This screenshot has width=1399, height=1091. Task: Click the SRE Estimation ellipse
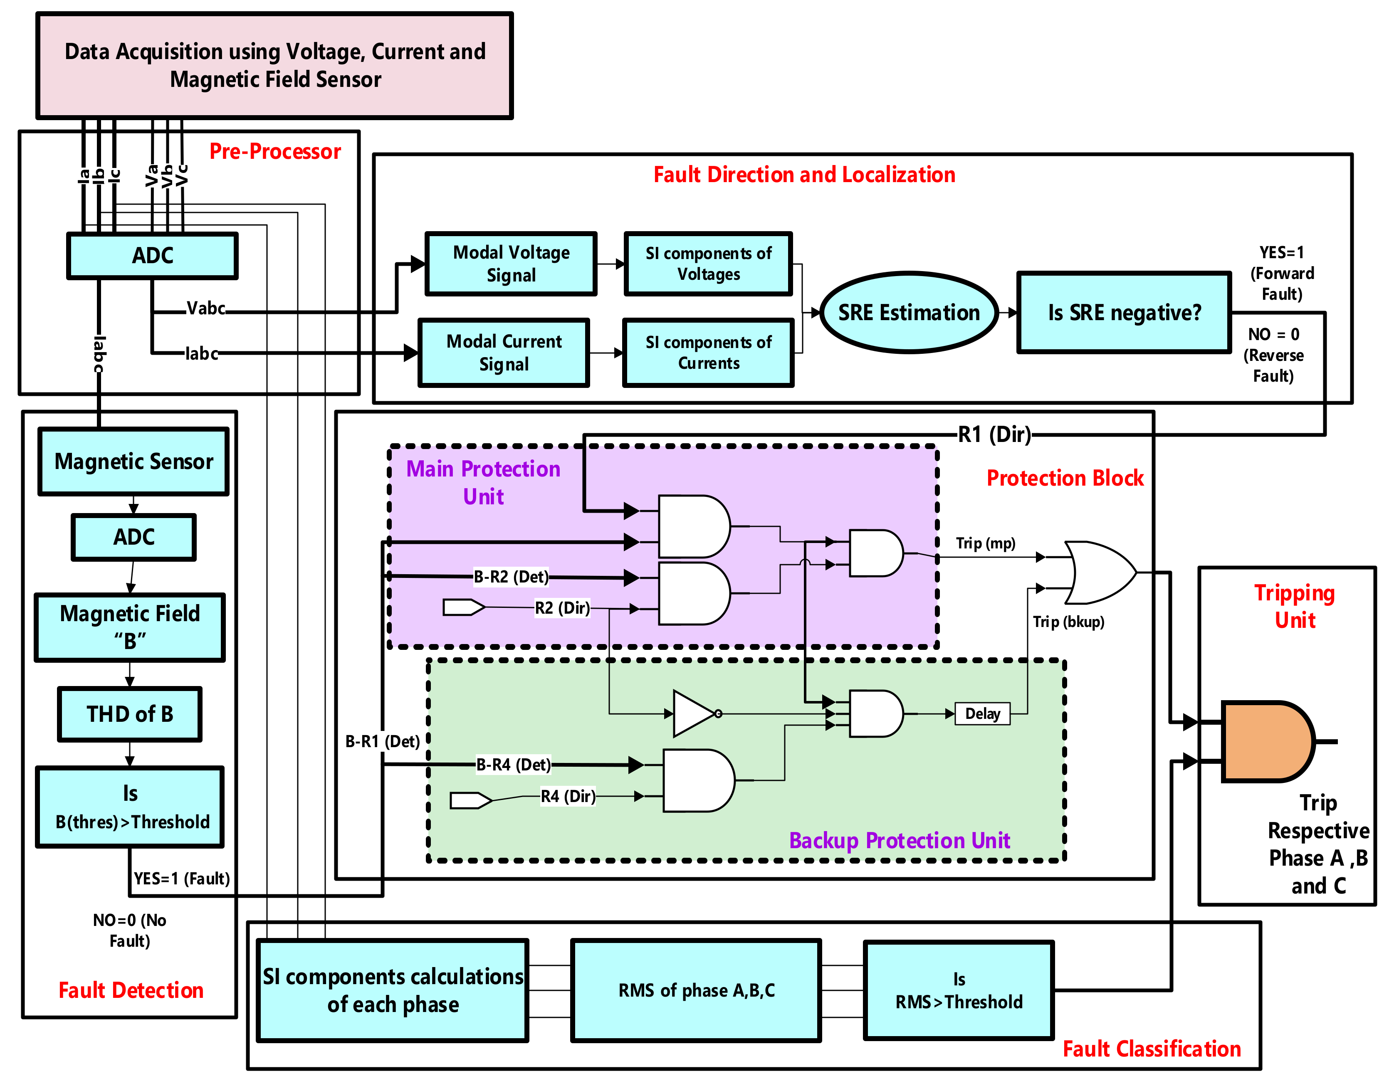[x=909, y=312]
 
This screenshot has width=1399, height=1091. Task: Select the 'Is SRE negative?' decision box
[x=1124, y=312]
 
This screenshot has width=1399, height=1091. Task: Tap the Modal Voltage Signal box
[x=511, y=264]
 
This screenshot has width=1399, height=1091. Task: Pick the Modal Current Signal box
[x=504, y=353]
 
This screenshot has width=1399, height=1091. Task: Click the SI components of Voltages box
[x=709, y=264]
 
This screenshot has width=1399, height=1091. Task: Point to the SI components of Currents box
[x=709, y=353]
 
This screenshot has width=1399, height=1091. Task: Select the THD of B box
[x=130, y=714]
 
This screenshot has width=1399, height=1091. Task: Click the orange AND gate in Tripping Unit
[x=1267, y=741]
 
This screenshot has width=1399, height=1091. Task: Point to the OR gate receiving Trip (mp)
[x=1100, y=573]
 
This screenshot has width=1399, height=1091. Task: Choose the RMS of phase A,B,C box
[x=696, y=990]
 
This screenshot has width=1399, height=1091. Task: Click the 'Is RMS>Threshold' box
[x=959, y=990]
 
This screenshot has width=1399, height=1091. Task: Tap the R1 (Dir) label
[x=994, y=435]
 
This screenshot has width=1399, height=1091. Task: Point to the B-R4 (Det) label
[x=513, y=765]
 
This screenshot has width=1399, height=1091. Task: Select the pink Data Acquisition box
[x=275, y=65]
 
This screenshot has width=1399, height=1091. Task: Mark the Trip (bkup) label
[x=1068, y=622]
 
